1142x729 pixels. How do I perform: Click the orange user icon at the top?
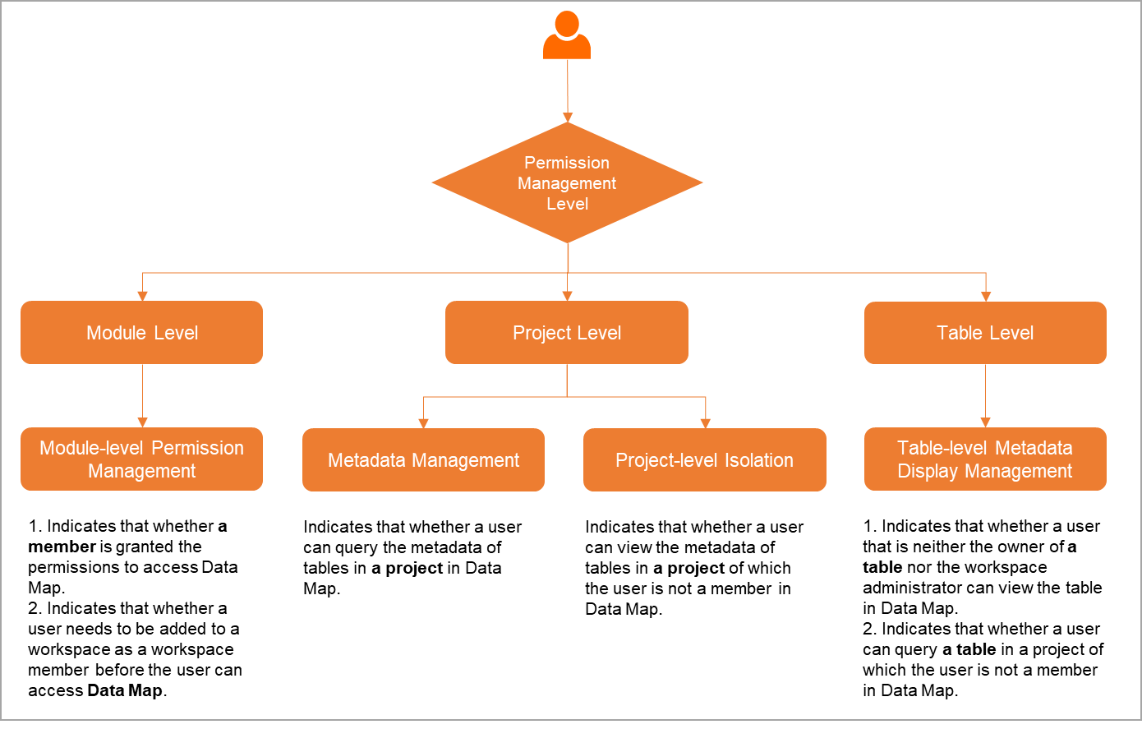coord(567,36)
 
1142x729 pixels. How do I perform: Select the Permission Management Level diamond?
coord(567,182)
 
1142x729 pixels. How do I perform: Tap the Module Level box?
coord(142,333)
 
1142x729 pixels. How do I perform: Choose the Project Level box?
coord(567,333)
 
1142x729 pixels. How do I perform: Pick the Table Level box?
coord(985,333)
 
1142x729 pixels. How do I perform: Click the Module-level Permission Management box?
coord(142,459)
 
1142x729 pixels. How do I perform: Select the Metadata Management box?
coord(423,460)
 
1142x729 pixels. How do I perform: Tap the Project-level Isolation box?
coord(705,460)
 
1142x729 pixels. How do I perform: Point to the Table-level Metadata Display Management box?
coord(985,459)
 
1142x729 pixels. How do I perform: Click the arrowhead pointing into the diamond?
coord(567,118)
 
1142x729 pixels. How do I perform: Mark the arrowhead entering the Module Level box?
coord(143,297)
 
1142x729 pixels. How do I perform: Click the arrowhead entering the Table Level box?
coord(986,297)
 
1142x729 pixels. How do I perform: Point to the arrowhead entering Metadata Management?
coord(424,423)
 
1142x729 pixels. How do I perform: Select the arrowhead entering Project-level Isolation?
coord(706,423)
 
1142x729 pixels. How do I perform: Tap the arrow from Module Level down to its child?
coord(143,394)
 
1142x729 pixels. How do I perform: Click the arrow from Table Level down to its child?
coord(986,394)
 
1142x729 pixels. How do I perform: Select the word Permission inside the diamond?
coord(567,163)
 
